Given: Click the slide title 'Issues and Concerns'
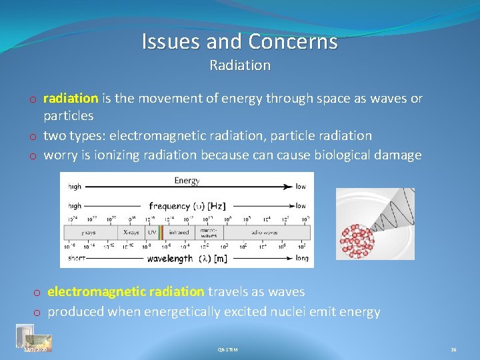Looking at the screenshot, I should [239, 42].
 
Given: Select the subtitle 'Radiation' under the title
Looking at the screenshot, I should [240, 65].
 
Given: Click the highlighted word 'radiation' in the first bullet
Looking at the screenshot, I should [71, 99].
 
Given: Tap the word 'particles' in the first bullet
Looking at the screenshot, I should [69, 116].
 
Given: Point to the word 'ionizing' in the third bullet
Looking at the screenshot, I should [115, 155].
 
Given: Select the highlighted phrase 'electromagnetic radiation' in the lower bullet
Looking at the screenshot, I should [126, 291].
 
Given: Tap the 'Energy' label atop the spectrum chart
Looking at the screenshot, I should [187, 181].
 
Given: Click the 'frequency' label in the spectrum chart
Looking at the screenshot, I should [169, 205].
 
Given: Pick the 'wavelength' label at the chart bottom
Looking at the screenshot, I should [170, 258].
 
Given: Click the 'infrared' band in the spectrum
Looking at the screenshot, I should [179, 232].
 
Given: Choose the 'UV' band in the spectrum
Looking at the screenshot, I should [151, 232].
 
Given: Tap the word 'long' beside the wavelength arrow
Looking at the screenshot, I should [301, 258].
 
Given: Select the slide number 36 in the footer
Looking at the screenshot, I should [453, 349].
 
